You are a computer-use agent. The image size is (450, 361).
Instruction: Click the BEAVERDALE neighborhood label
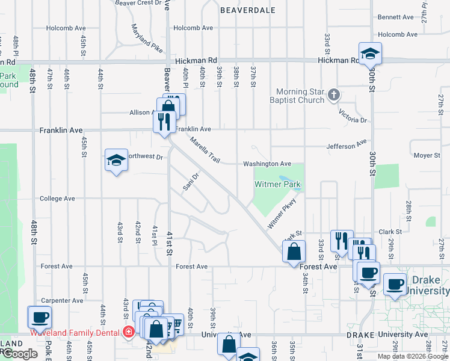[248, 10]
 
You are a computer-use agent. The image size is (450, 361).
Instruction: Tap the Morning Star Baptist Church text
[300, 96]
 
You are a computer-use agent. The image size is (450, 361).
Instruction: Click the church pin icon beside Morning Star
[334, 95]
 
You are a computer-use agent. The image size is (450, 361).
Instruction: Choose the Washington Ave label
[267, 164]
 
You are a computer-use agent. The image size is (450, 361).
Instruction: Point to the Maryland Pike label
[147, 37]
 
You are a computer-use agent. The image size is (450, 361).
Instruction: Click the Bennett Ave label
[395, 17]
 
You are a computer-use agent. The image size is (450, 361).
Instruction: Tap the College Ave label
[57, 198]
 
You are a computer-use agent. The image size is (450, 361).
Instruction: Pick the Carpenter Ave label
[62, 300]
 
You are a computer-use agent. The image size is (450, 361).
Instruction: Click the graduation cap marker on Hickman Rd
[370, 53]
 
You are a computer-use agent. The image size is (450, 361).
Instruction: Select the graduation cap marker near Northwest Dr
[116, 160]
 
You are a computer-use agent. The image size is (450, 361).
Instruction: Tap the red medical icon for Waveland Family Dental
[128, 332]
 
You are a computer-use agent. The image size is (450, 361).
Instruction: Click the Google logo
[19, 354]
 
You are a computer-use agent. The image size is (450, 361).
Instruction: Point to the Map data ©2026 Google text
[412, 356]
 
